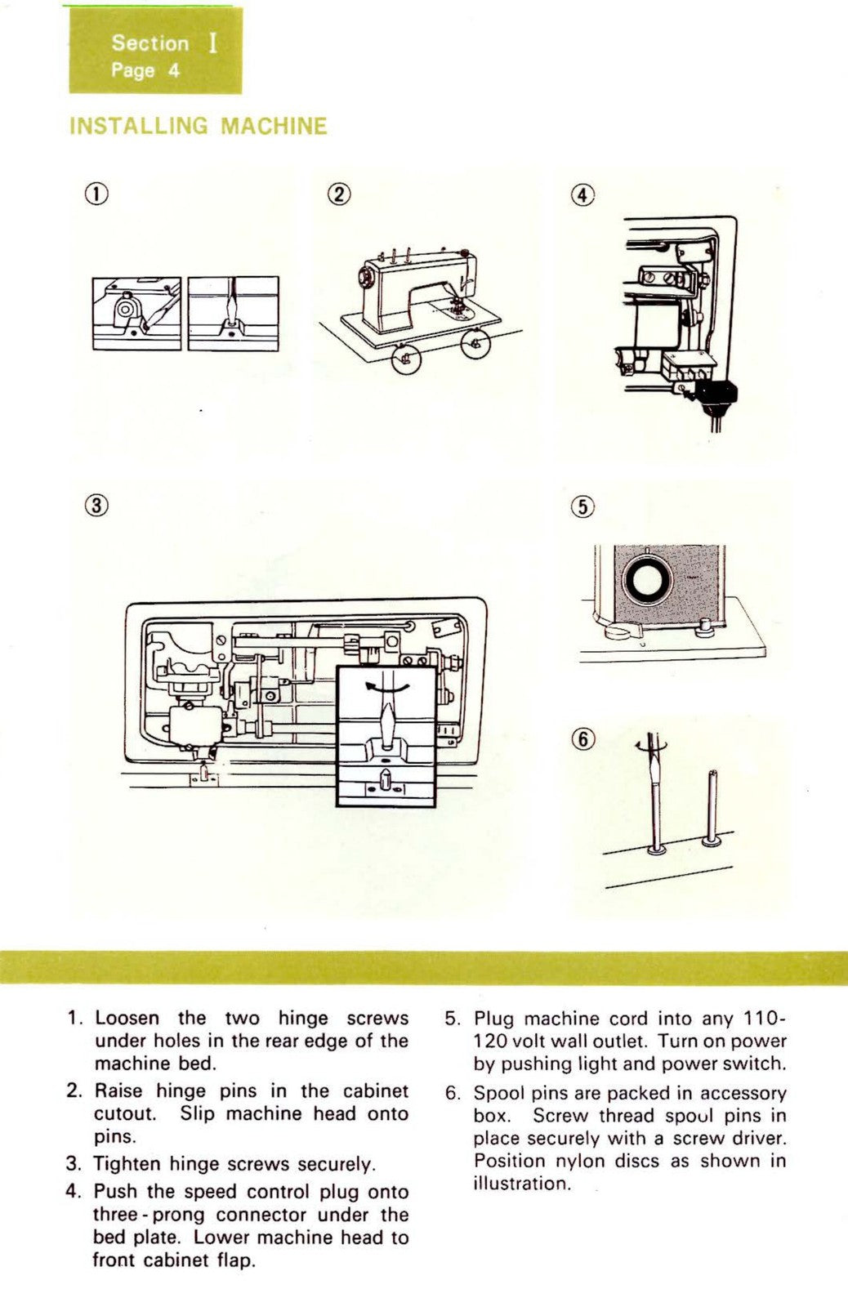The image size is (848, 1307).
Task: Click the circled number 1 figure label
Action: pos(96,194)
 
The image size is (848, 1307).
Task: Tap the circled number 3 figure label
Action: pos(96,504)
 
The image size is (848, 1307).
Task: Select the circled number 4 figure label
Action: pos(582,195)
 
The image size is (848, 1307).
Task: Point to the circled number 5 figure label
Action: pos(582,506)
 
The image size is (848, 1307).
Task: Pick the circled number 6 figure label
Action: pos(582,739)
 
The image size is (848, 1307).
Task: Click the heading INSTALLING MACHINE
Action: pos(199,126)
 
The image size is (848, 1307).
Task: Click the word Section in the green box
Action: pos(150,43)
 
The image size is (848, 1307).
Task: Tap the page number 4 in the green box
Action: pos(174,70)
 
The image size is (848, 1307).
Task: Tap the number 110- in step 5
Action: pos(765,1019)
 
